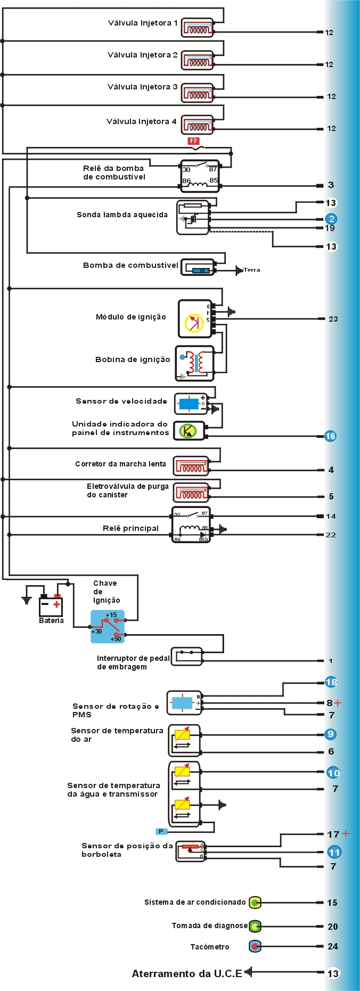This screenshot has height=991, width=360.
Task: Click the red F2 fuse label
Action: point(193,141)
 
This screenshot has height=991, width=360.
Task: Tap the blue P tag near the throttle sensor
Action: point(161,831)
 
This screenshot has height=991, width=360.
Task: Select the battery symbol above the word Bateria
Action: point(51,605)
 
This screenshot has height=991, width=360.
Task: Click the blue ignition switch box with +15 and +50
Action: point(108,627)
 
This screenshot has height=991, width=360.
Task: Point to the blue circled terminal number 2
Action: point(331,219)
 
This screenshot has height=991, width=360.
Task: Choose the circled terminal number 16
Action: point(330,436)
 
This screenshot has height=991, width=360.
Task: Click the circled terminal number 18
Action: point(331,682)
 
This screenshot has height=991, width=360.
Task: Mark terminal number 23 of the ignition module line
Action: point(333,319)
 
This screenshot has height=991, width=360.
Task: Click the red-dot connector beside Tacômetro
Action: point(255,946)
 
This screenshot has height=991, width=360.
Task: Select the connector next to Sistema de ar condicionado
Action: point(255,903)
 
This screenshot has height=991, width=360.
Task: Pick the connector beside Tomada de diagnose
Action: point(255,927)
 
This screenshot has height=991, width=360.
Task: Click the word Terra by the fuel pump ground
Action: point(252,270)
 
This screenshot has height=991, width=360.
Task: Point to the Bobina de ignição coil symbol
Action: point(194,363)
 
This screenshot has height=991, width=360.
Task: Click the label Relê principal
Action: point(130,528)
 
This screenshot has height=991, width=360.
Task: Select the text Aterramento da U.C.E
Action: point(186,973)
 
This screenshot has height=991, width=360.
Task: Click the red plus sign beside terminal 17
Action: point(346,833)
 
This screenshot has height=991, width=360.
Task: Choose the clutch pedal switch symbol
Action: point(186,656)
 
